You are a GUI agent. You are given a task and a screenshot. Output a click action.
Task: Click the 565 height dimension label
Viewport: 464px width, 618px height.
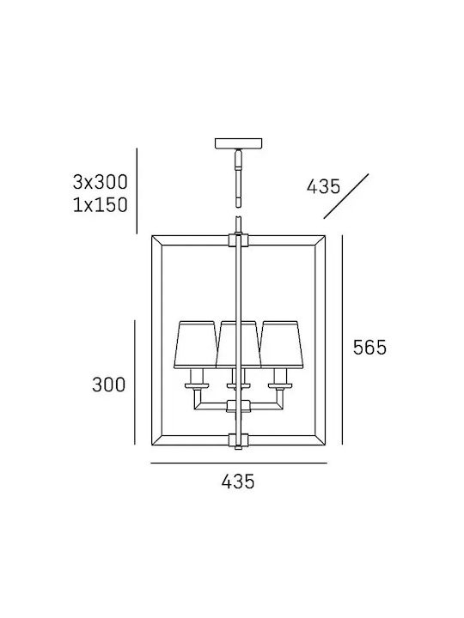tap(369, 348)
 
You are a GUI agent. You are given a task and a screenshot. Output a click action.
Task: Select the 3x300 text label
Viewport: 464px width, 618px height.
tap(101, 182)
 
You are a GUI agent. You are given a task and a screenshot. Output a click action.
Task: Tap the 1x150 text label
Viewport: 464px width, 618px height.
tap(101, 205)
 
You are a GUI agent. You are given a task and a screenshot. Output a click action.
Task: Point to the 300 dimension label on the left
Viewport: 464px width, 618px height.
tap(108, 385)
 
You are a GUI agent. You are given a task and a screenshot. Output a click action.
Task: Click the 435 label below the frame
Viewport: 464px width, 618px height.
tap(238, 482)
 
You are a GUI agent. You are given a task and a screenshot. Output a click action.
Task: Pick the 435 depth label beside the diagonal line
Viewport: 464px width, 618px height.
tap(324, 186)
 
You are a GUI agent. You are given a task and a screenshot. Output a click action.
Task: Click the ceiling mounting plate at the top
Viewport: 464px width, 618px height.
tap(238, 143)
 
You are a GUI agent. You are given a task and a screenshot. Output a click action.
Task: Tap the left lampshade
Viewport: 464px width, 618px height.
tap(195, 345)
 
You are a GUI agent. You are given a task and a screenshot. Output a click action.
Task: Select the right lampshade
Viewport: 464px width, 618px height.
tap(282, 345)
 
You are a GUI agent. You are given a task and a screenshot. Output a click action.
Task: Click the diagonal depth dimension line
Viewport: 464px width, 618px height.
tap(346, 197)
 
